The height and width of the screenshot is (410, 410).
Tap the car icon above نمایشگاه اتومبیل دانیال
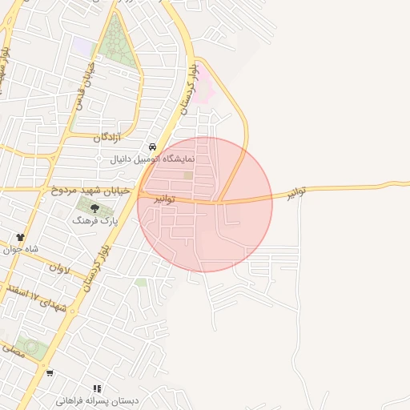tap(152, 147)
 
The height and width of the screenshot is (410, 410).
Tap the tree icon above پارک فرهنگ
tap(95, 208)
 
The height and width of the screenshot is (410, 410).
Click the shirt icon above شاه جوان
tap(21, 237)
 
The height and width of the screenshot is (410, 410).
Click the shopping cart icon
tap(50, 372)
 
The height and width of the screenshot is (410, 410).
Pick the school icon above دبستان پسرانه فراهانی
tap(98, 388)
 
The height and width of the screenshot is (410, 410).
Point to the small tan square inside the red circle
tap(188, 175)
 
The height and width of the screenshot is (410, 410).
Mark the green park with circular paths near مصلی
tap(30, 348)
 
